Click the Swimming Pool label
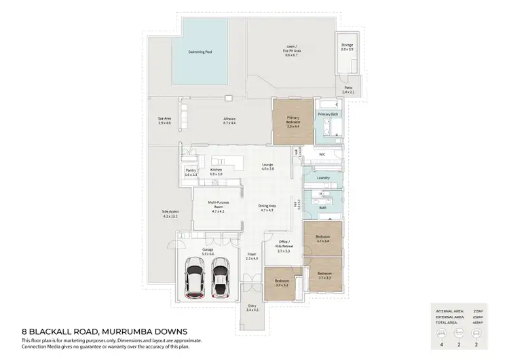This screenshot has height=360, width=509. coord(201,52)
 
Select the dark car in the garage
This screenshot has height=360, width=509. coord(220,278)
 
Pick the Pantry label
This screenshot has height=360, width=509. coord(191,173)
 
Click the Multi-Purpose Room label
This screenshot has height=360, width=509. coord(216,209)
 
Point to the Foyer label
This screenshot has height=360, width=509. coord(252,257)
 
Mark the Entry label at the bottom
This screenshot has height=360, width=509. coord(252,308)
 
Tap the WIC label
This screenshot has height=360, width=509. coord(323,154)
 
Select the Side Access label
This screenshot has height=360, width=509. coord(169,214)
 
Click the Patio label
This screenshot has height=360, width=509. coord(348,89)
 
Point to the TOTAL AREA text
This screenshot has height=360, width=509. coord(449,322)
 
